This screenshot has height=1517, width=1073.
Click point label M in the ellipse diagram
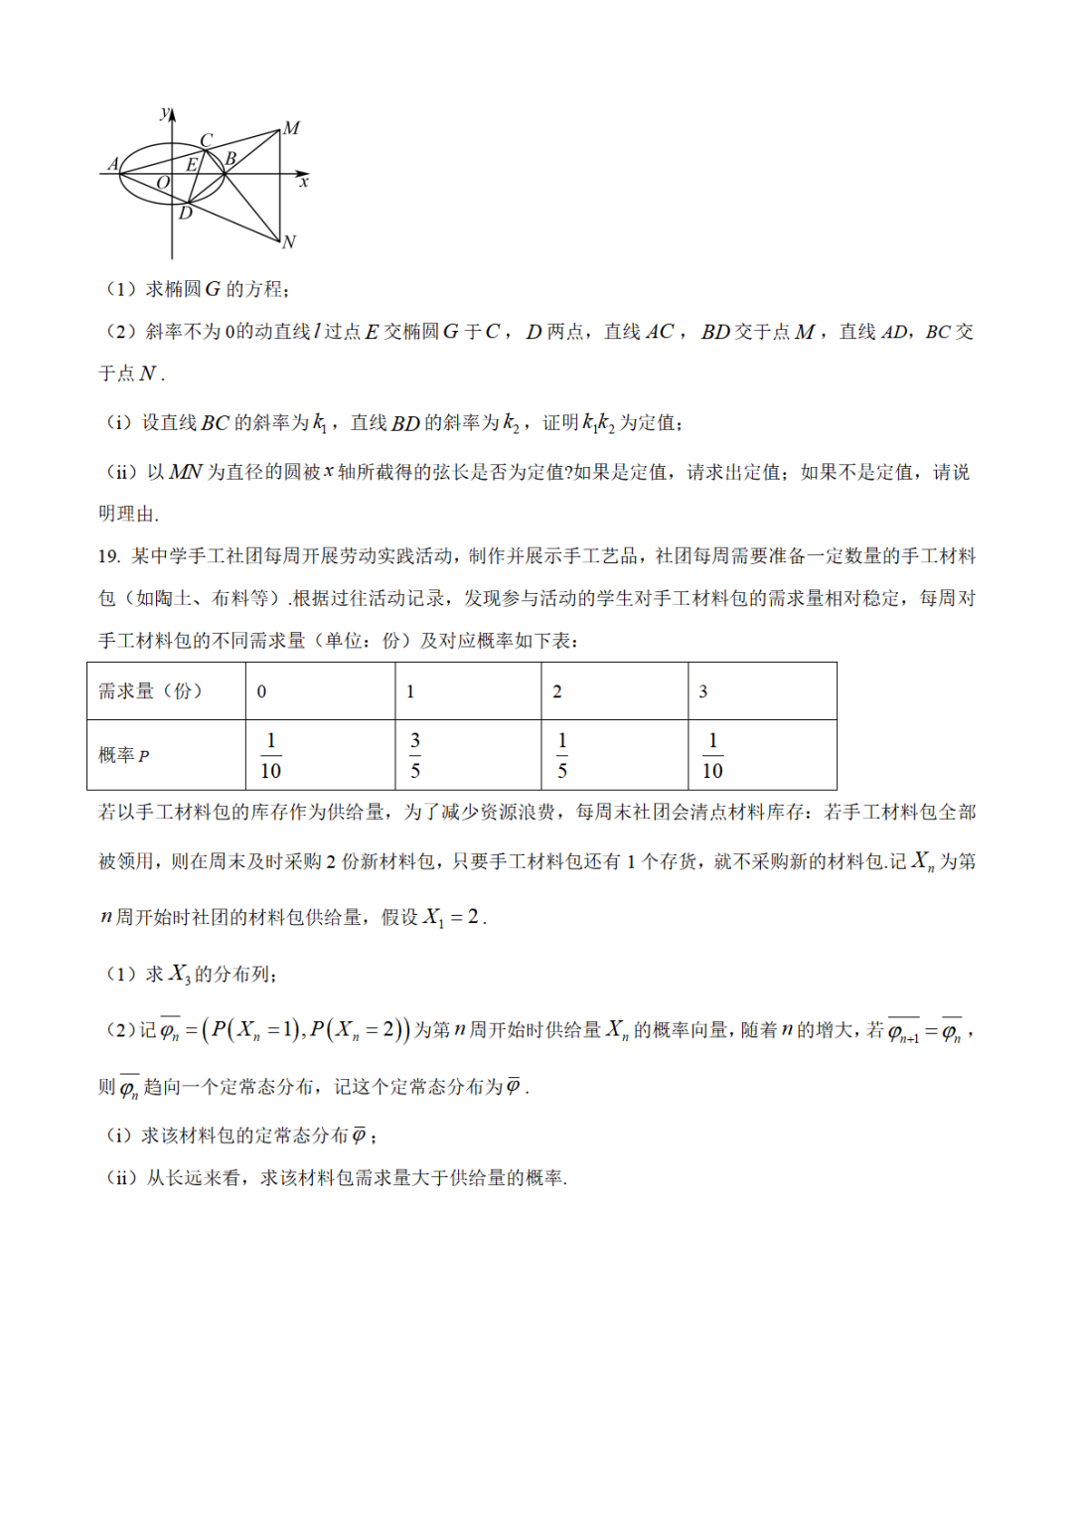pos(291,128)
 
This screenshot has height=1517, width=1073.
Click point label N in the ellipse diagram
pos(289,241)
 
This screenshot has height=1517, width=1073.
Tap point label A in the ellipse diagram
pos(113,164)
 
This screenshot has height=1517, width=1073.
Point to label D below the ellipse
pos(186,213)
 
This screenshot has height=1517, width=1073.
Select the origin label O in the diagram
pos(163,183)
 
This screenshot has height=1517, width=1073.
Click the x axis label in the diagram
pos(304,182)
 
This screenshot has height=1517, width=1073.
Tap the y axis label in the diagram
pos(164,112)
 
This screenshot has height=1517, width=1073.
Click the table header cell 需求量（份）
pos(150,690)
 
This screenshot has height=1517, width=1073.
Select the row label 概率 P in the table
pos(123,755)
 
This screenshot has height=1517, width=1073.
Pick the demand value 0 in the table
pos(261,691)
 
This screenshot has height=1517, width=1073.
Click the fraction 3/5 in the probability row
pos(415,755)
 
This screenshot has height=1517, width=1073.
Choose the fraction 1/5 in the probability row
pos(562,755)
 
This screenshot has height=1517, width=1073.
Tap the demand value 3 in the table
pos(703,691)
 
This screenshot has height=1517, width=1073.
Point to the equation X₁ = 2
pos(452,917)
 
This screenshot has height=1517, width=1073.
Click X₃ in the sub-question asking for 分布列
pos(179,974)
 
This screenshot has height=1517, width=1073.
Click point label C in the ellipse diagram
pos(207,141)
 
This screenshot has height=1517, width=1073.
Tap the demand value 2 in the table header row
pos(557,691)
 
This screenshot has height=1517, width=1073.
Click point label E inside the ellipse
pos(193,164)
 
